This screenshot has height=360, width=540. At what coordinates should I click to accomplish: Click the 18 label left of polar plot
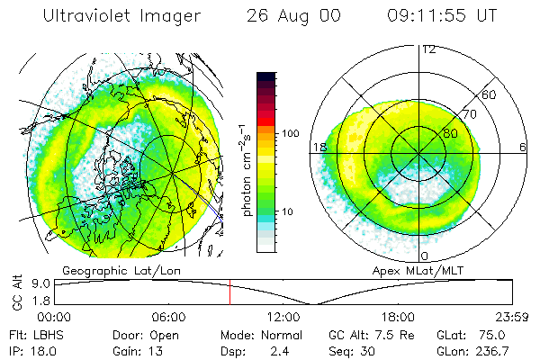(x=318, y=147)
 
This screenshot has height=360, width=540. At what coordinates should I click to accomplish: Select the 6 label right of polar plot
(x=523, y=147)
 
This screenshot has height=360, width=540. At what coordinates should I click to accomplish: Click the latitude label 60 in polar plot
(x=490, y=94)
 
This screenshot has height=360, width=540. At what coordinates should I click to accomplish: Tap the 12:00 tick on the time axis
(x=283, y=317)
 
